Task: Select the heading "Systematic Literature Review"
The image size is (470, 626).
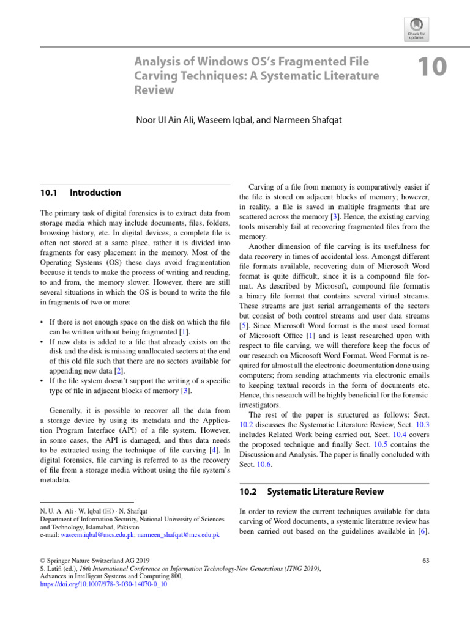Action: tap(326, 492)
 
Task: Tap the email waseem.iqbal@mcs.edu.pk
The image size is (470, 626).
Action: tap(96, 534)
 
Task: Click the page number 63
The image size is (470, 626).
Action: tap(426, 559)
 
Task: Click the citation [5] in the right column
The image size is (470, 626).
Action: tap(244, 326)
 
